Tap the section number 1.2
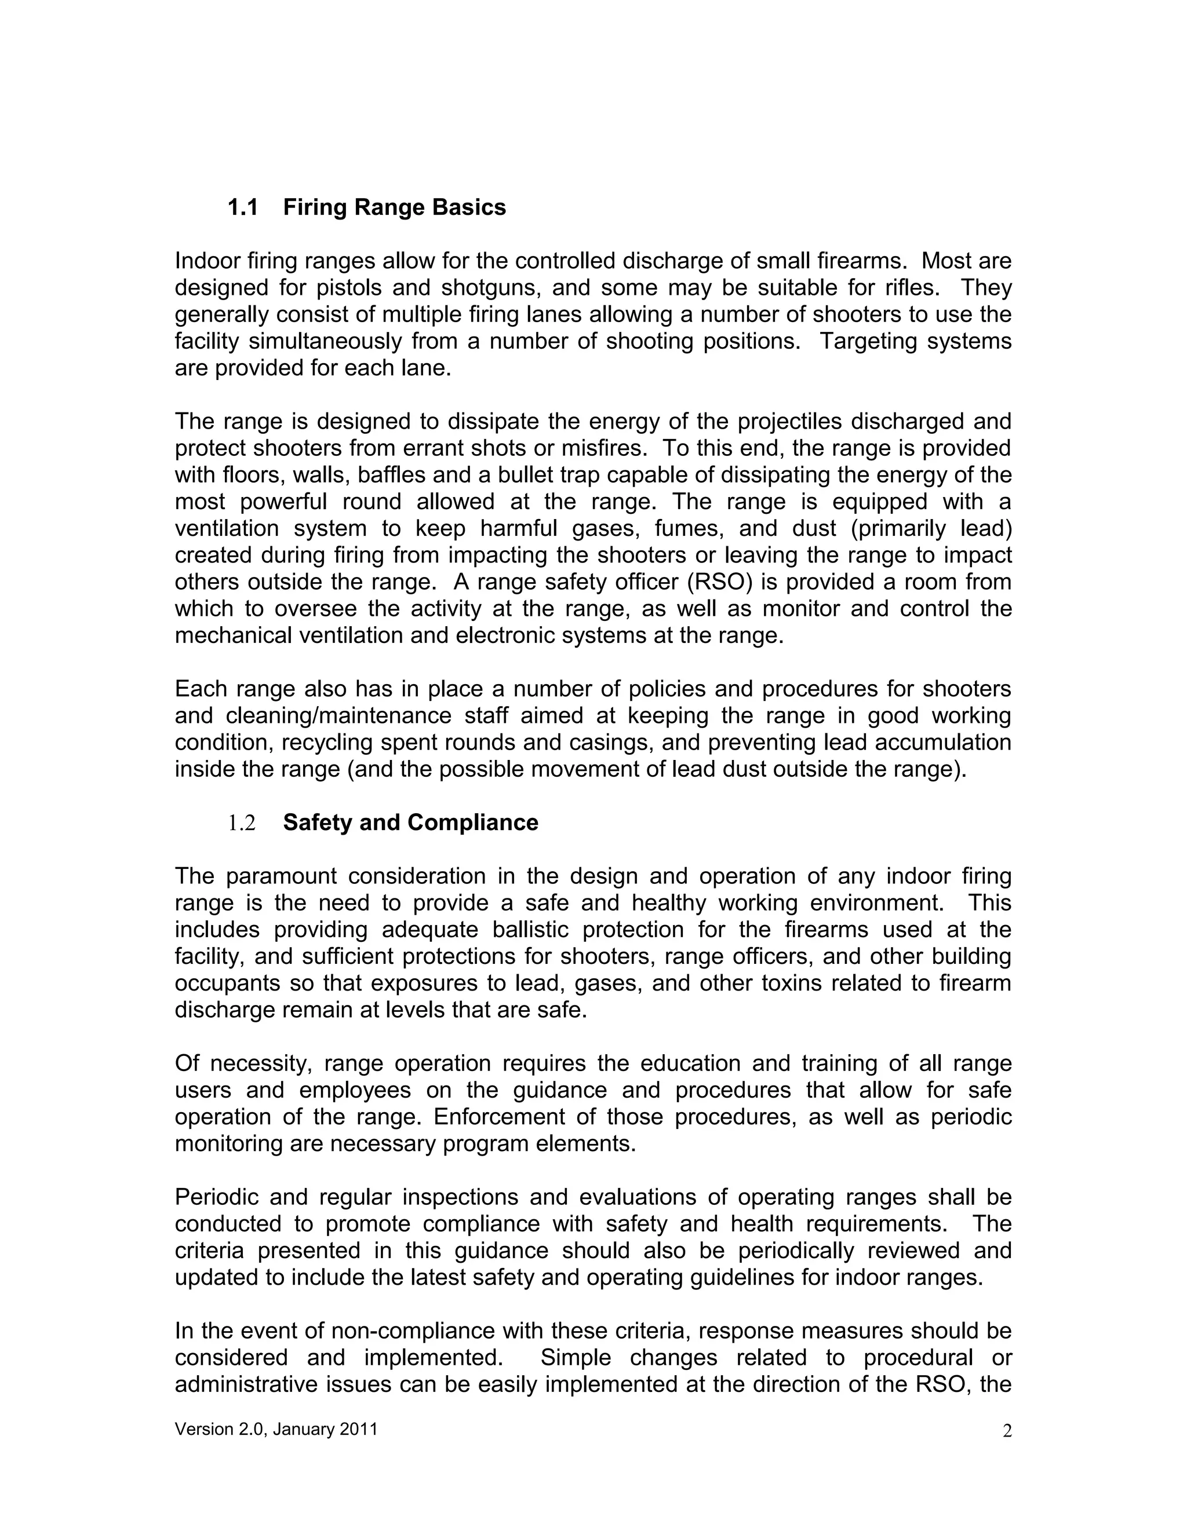point(242,823)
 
